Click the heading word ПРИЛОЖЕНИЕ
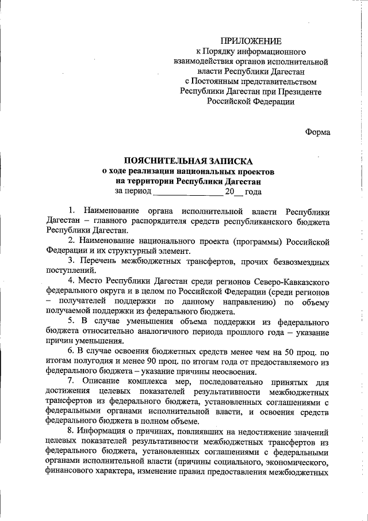click(252, 41)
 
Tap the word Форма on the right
click(317, 131)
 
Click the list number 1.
click(71, 211)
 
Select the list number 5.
click(71, 321)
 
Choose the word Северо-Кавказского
click(289, 282)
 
